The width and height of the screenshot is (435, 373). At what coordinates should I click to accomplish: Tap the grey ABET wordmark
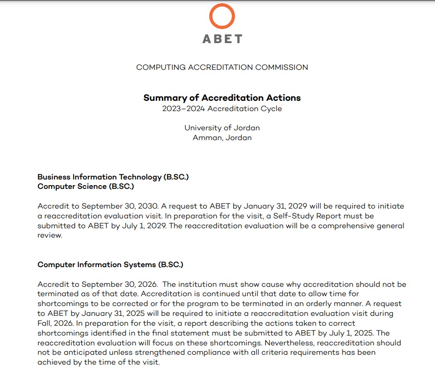(x=222, y=39)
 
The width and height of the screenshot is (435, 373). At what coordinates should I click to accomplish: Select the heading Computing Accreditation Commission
(x=222, y=67)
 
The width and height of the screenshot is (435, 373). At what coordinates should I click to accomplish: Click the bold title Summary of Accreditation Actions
(x=222, y=98)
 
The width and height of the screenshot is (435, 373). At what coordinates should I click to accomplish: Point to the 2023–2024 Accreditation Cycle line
(x=222, y=109)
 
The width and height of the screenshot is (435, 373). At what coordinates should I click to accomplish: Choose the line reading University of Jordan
(x=222, y=128)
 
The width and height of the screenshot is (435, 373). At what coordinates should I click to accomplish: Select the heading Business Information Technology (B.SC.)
(x=113, y=177)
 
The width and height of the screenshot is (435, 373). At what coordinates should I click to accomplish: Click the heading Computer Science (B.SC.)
(x=85, y=186)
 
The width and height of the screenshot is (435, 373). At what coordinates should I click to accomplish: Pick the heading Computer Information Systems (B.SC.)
(x=110, y=265)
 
